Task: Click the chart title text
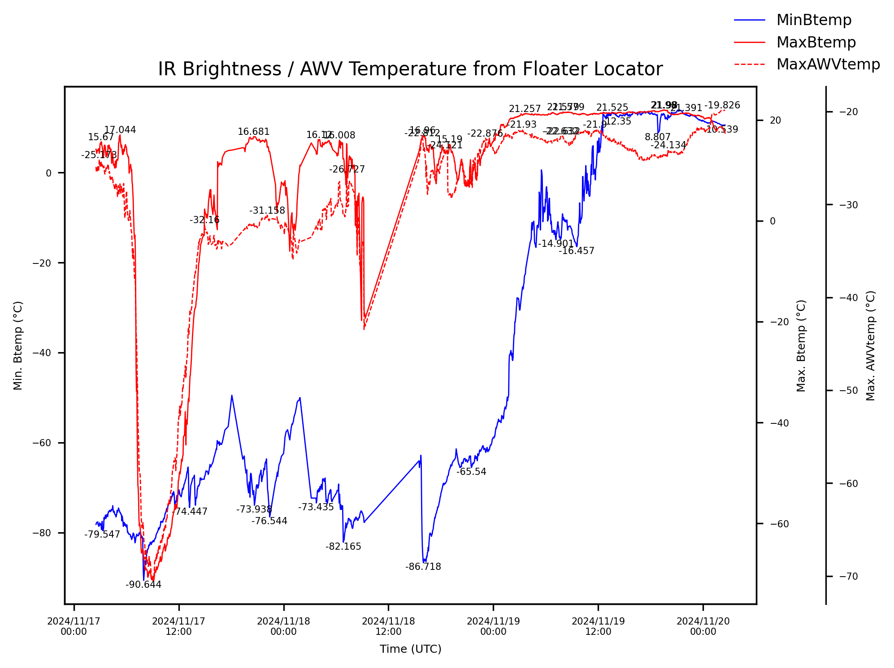coord(410,69)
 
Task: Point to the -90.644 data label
coord(143,585)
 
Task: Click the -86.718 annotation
coord(423,567)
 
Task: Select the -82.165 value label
coord(343,547)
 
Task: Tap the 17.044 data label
coord(120,130)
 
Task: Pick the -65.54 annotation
coord(471,472)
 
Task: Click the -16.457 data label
coord(577,251)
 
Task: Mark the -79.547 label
coord(102,534)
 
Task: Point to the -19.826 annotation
coord(722,105)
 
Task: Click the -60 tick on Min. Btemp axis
coord(42,443)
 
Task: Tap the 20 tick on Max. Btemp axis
coord(775,121)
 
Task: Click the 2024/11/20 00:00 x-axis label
coord(703,626)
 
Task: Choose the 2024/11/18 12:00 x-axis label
coord(388,626)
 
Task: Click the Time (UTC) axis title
coord(410,649)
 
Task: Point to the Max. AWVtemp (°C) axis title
coord(871,345)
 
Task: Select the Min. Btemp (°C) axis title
coord(18,345)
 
